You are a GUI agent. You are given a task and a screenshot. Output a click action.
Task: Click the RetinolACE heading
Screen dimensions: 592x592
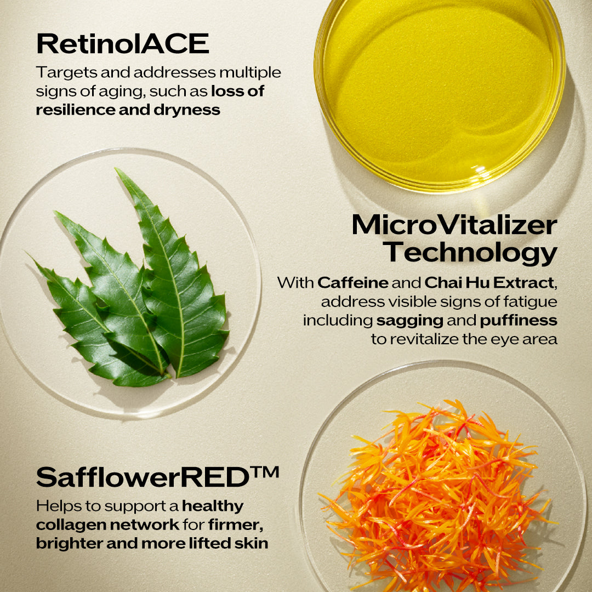click(123, 44)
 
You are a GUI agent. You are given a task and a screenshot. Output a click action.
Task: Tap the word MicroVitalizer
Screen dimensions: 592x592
click(454, 225)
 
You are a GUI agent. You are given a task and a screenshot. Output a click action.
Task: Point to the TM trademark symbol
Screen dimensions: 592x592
click(264, 472)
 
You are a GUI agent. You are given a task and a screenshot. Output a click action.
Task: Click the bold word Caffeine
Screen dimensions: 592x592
click(352, 282)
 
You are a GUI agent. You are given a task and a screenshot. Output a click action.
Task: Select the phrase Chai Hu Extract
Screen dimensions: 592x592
click(489, 282)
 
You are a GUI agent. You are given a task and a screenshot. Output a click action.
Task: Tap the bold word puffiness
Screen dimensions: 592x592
click(519, 321)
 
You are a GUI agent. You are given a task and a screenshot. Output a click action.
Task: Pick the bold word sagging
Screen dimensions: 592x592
click(409, 321)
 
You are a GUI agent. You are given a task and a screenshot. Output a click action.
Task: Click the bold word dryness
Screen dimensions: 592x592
click(187, 110)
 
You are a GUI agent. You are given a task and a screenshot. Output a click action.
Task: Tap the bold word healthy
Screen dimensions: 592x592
click(213, 506)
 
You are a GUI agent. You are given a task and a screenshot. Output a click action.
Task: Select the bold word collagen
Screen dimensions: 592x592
click(70, 525)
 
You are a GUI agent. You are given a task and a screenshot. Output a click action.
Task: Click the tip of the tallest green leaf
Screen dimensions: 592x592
click(116, 169)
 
